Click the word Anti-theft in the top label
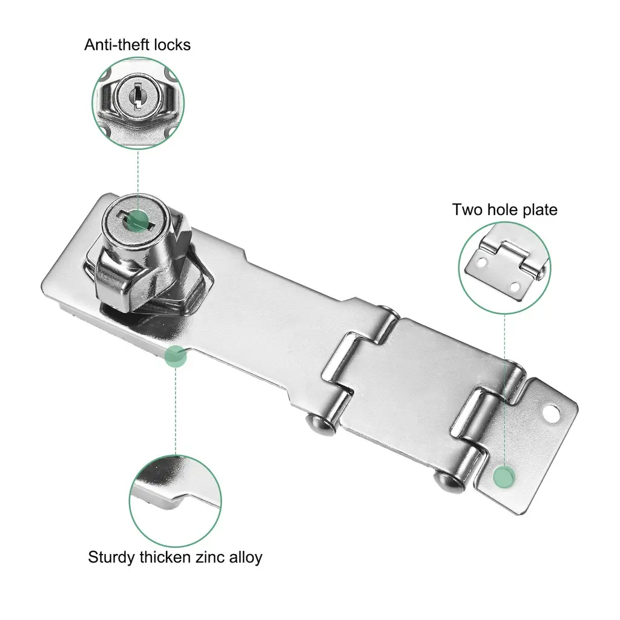coord(117,45)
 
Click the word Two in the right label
coord(467,209)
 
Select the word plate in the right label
coord(540,210)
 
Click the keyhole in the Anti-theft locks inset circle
coord(137,96)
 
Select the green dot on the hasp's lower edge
coord(176,356)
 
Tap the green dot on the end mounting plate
coord(504,477)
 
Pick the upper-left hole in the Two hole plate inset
coord(481,262)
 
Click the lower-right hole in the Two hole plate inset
coord(515,286)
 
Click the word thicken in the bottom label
coord(165,557)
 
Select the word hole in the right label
coord(503,209)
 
